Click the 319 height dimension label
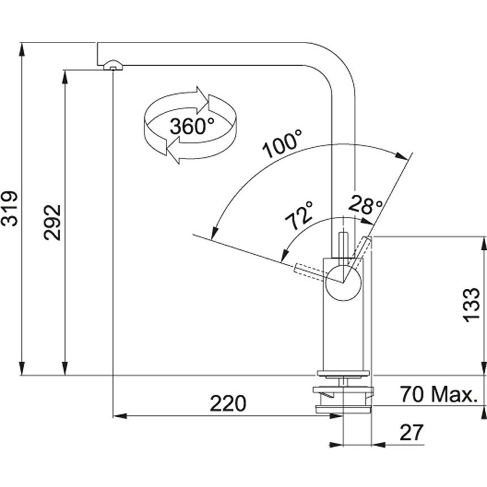9,209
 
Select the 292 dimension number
52,223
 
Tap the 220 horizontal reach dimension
228,404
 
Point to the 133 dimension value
472,305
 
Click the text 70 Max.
438,395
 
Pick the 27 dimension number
412,432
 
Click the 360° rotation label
192,126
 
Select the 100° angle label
282,143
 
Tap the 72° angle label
298,216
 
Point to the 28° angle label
365,204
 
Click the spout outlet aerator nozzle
113,66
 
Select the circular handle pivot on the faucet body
343,283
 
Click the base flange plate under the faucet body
343,374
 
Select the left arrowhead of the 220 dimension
120,416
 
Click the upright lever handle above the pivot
343,245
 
